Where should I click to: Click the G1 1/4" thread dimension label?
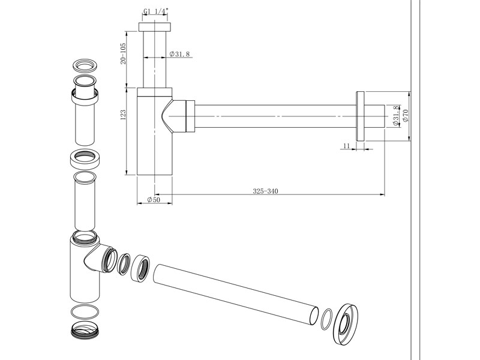pyautogui.click(x=156, y=11)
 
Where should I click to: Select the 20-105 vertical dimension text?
pyautogui.click(x=123, y=53)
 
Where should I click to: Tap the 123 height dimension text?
pyautogui.click(x=123, y=115)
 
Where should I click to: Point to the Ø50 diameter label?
pyautogui.click(x=154, y=200)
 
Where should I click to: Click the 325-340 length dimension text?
pyautogui.click(x=265, y=191)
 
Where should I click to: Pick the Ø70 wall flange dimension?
pyautogui.click(x=406, y=115)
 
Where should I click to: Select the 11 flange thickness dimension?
pyautogui.click(x=346, y=146)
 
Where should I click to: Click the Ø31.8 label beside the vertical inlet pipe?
pyautogui.click(x=179, y=54)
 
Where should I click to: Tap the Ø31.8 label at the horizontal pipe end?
pyautogui.click(x=395, y=116)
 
